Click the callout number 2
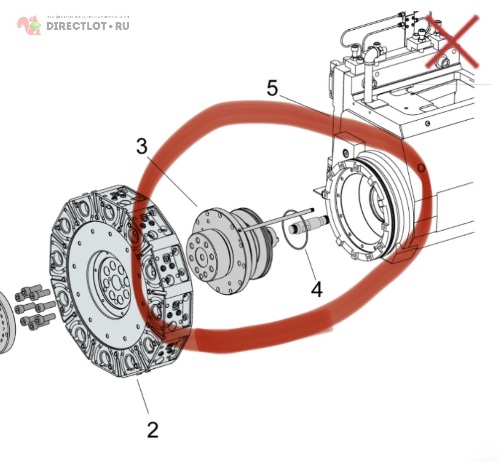tap(153, 429)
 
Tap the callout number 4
tap(316, 289)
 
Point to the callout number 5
tap(272, 88)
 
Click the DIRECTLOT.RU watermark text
tap(87, 26)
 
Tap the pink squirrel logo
tap(29, 25)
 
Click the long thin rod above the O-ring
tap(278, 220)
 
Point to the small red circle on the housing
tap(421, 168)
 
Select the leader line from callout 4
tap(311, 264)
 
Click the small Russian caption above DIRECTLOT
tap(88, 17)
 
